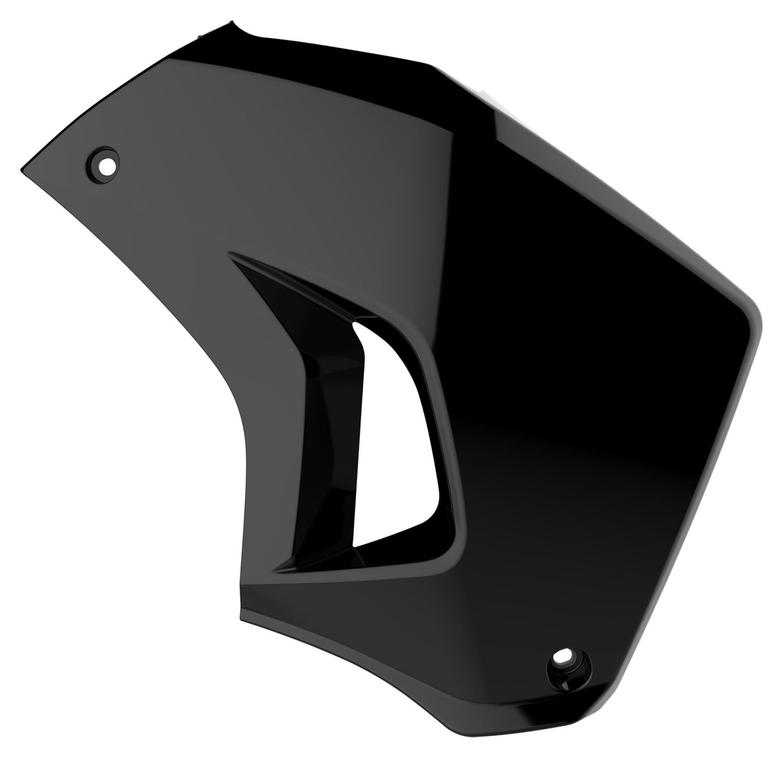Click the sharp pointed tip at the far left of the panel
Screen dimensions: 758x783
tap(20, 170)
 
